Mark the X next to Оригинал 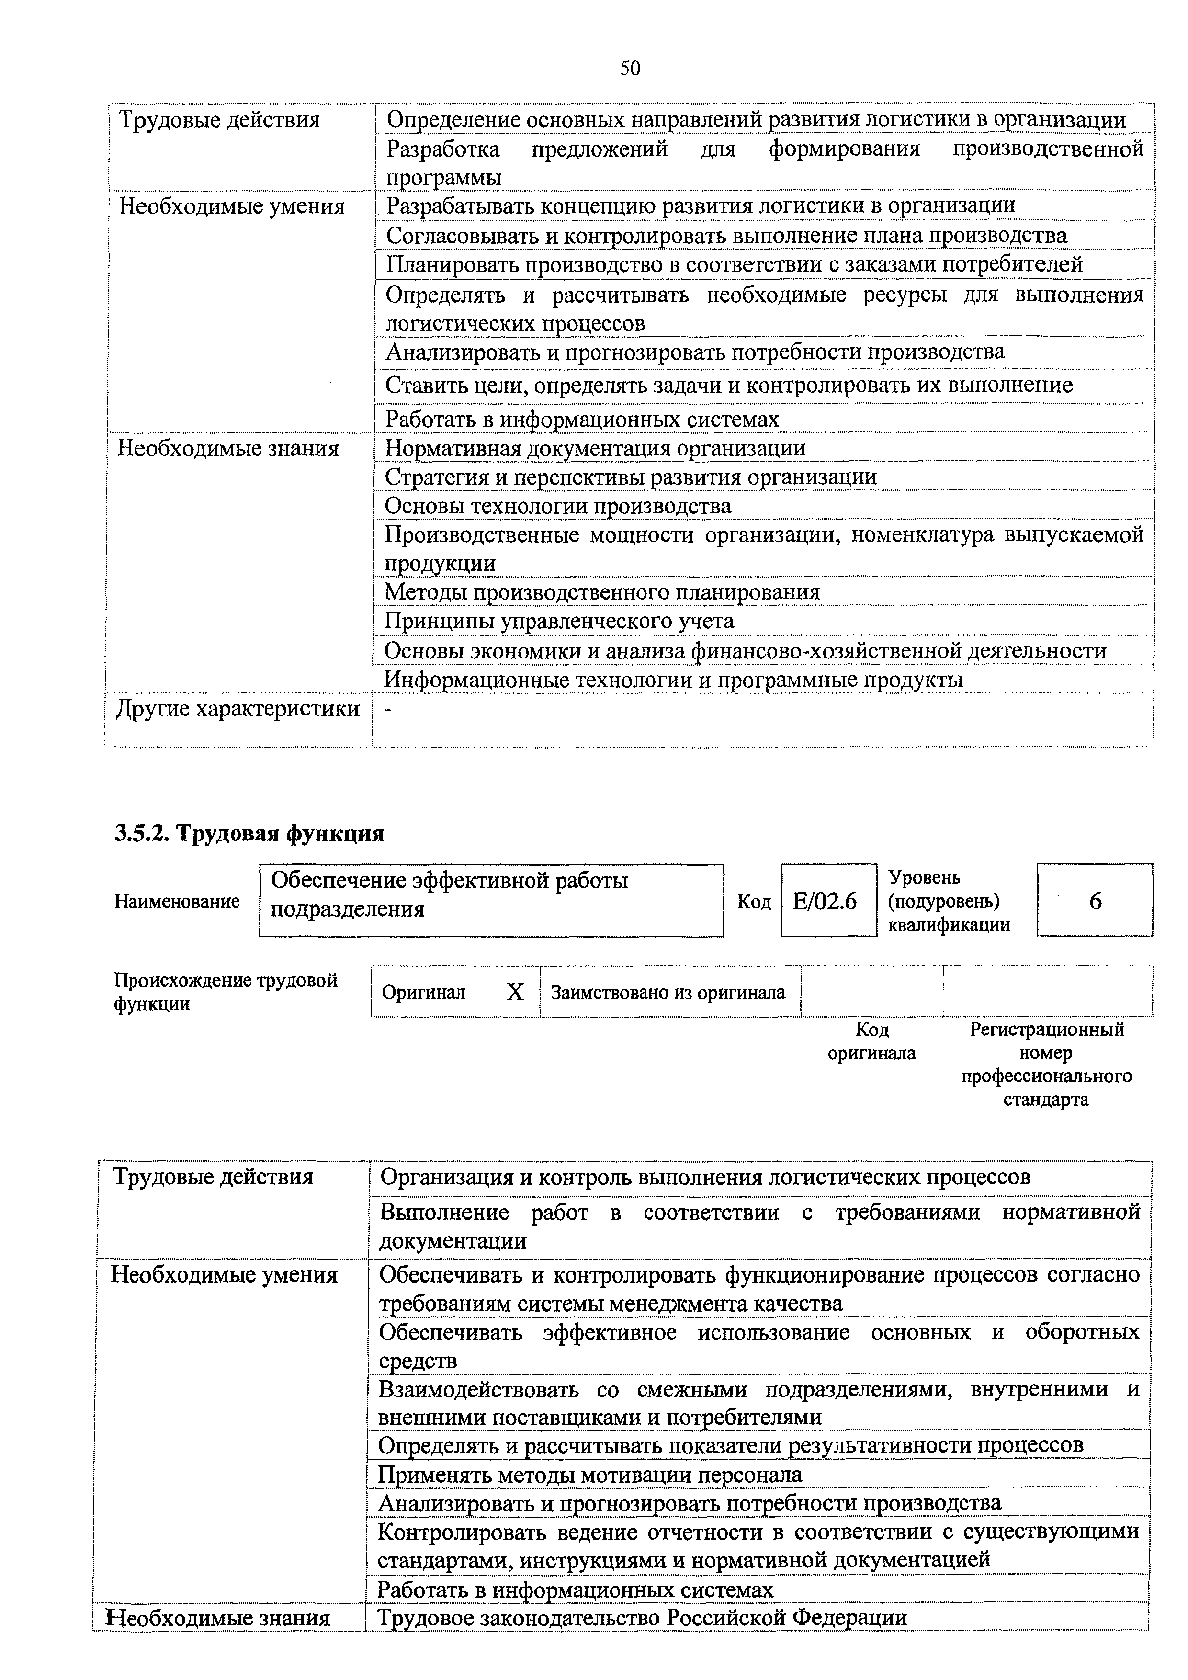515,992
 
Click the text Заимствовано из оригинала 668,992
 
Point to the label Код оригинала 871,1041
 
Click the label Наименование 177,901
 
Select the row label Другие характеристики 238,708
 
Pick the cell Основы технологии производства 557,506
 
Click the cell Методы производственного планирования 602,592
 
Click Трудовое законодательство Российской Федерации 642,1618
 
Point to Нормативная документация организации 595,448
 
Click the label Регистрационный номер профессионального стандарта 1046,1064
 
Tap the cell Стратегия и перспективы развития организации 631,477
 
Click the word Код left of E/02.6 754,901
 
